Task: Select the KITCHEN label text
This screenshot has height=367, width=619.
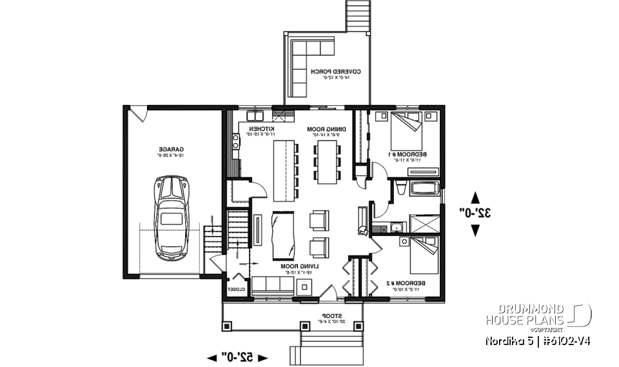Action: [x=262, y=132]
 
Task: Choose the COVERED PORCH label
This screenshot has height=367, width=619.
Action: [x=335, y=74]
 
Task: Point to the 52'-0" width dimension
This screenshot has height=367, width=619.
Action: [x=237, y=356]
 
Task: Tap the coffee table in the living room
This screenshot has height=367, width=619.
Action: [x=283, y=235]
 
